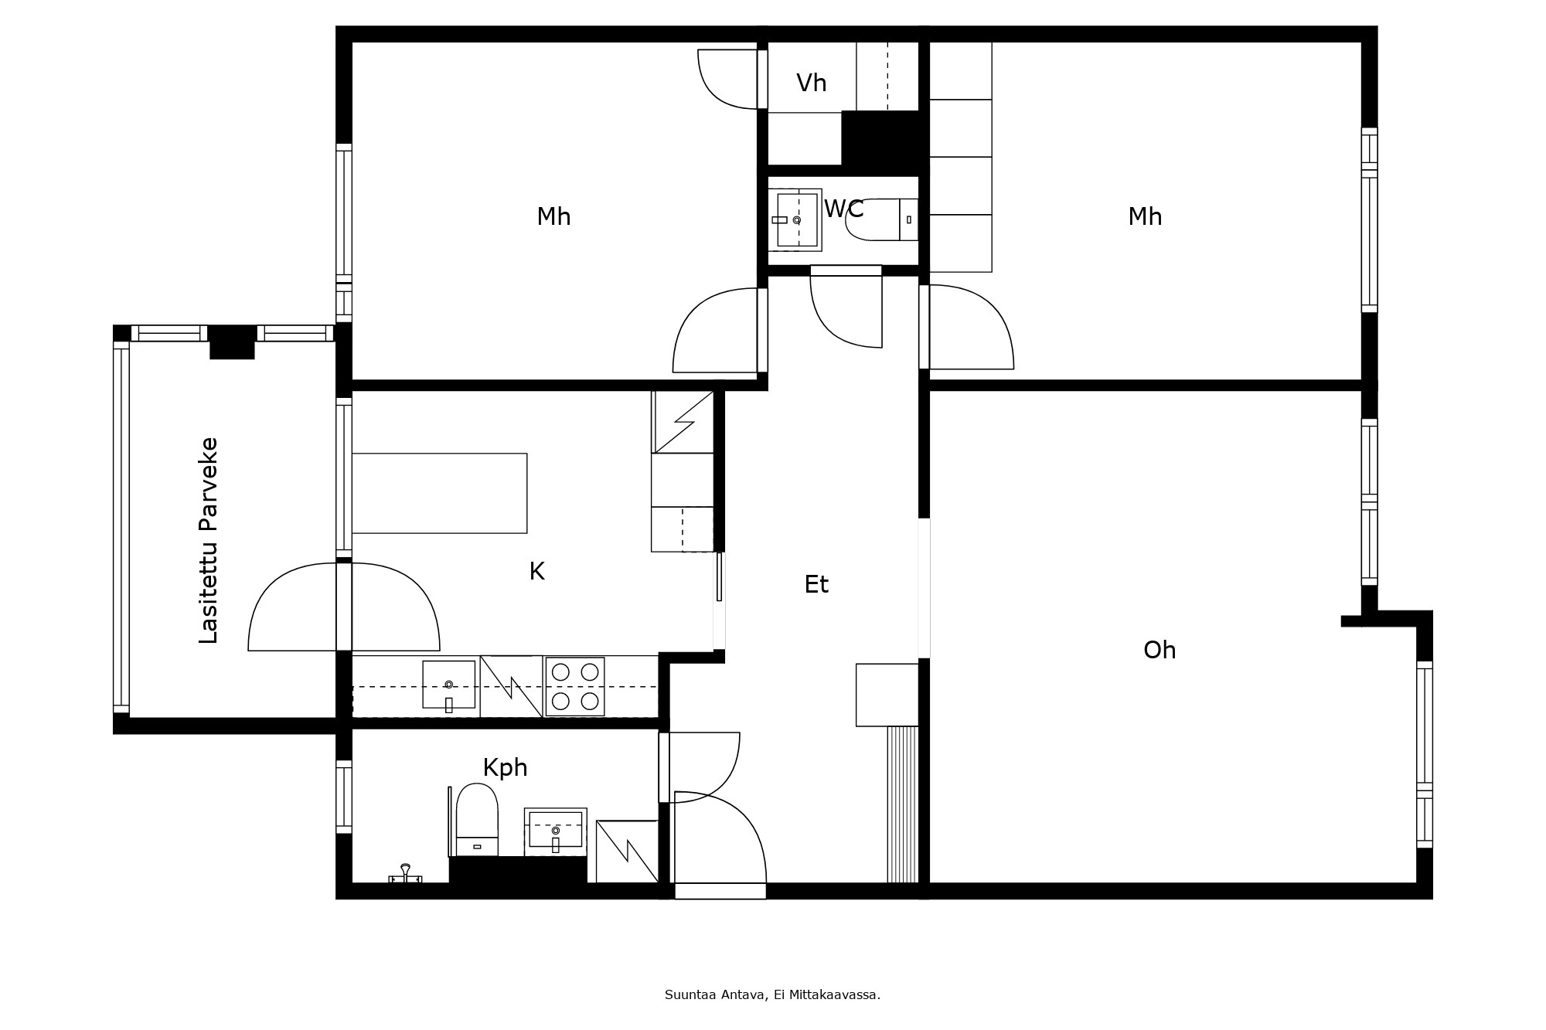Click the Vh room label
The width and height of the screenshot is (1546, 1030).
pyautogui.click(x=811, y=83)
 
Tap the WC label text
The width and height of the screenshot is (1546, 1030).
pyautogui.click(x=843, y=209)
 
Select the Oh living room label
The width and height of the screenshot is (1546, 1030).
pyautogui.click(x=1159, y=650)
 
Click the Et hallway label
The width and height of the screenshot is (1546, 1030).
pyautogui.click(x=816, y=584)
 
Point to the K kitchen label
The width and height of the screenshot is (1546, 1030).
pyautogui.click(x=536, y=571)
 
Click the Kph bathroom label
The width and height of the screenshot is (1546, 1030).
pyautogui.click(x=505, y=767)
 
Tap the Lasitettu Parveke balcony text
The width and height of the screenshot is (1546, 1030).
pyautogui.click(x=209, y=540)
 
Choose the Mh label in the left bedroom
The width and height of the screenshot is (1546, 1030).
pyautogui.click(x=553, y=216)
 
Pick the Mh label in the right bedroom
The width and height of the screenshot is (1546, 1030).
pyautogui.click(x=1144, y=216)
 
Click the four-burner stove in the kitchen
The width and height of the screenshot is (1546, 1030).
pyautogui.click(x=575, y=686)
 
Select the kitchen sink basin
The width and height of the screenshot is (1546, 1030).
pyautogui.click(x=448, y=685)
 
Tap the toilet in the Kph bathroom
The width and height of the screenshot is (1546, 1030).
pyautogui.click(x=477, y=818)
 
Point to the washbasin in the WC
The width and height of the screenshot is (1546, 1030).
pyautogui.click(x=797, y=220)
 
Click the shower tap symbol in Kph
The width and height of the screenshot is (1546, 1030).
pyautogui.click(x=405, y=874)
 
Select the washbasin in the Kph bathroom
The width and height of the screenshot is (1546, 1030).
pyautogui.click(x=555, y=830)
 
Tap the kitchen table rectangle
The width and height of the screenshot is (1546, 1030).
pyautogui.click(x=439, y=493)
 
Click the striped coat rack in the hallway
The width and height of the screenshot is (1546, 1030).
pyautogui.click(x=902, y=804)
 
